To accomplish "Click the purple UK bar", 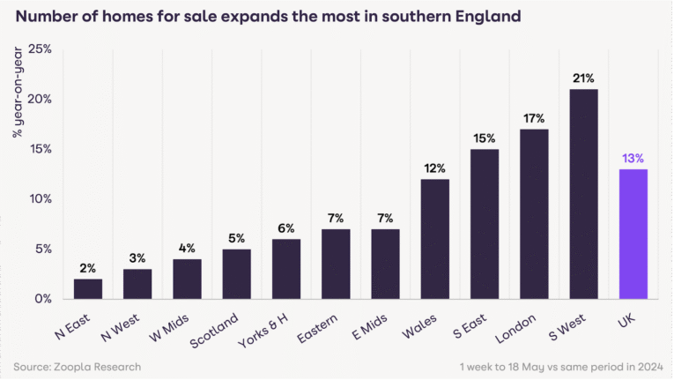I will coord(633,234).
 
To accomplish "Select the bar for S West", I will coord(583,194).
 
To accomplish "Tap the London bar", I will coord(534,214).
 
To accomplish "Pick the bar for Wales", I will coord(434,239).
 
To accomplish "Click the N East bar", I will coord(88,288).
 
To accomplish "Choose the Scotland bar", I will coord(236,273).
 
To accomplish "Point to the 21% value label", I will coord(583,78).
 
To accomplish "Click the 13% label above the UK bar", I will coord(633,158).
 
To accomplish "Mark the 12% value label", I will coord(434,168).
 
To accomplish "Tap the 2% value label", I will coord(88,268).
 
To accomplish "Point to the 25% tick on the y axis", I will coord(39,49).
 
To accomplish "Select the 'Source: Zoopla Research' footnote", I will coord(77,366).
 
